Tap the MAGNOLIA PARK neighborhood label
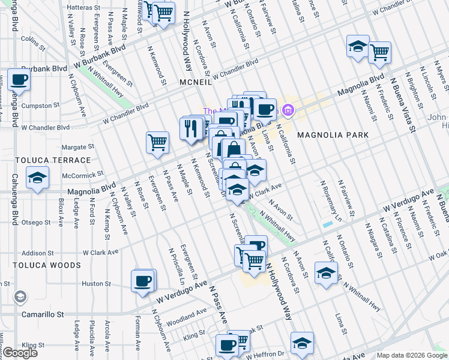333,135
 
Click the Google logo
20,353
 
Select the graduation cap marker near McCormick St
37,178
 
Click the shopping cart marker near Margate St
157,143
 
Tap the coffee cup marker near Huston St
143,281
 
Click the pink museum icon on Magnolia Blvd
288,110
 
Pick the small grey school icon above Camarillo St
20,297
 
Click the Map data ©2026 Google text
412,355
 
